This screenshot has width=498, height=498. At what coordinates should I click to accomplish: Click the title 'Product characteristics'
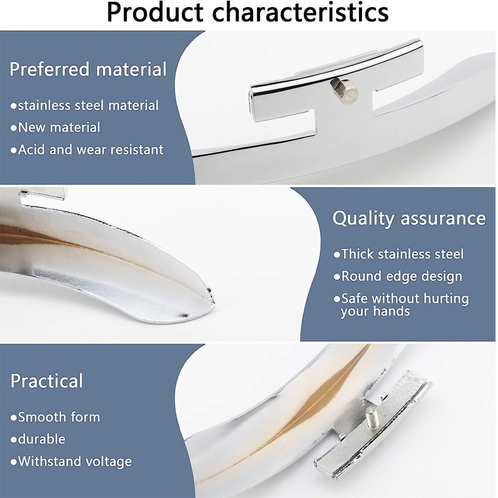247,13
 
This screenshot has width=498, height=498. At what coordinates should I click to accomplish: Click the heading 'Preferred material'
88,69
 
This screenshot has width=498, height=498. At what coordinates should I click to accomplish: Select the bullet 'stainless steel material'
85,105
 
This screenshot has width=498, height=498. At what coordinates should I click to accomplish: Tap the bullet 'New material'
56,128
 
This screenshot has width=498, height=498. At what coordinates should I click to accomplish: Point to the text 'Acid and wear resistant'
87,150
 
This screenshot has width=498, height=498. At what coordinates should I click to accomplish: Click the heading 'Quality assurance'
409,218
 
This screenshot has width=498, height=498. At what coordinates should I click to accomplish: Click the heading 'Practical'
47,381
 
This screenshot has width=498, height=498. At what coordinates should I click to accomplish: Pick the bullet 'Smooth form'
56,417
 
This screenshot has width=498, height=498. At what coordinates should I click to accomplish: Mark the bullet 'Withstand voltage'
71,461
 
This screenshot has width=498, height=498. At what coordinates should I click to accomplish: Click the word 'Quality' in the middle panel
364,218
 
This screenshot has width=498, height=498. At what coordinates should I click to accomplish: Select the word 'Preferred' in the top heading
48,69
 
